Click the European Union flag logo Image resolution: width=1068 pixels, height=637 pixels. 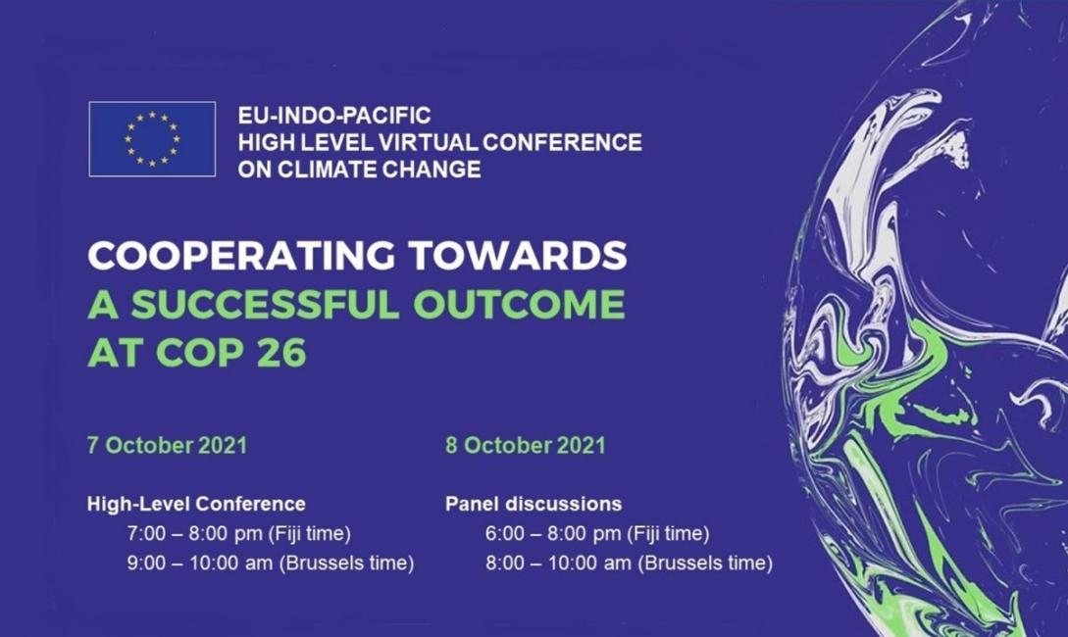tap(152, 139)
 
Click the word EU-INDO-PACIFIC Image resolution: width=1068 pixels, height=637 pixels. tap(334, 115)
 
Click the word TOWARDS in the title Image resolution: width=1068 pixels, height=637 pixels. tap(518, 255)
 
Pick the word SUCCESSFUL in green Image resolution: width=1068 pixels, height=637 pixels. tap(265, 304)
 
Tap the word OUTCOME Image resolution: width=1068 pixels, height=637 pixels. tap(519, 304)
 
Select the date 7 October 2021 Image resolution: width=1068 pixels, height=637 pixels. tap(167, 445)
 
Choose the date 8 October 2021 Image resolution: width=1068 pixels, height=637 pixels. tap(525, 445)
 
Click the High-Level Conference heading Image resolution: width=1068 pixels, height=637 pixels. tap(196, 504)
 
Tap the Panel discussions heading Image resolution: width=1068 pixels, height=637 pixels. tap(534, 504)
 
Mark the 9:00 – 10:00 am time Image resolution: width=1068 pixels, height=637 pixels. tap(201, 563)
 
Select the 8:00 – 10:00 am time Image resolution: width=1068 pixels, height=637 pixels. tap(559, 563)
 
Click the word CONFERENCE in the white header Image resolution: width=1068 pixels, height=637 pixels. tap(562, 141)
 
